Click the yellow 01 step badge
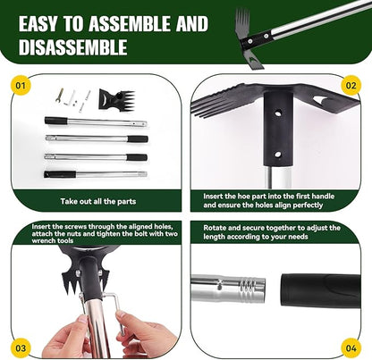tap(19, 86)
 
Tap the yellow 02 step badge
tap(351, 86)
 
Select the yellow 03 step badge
tap(19, 346)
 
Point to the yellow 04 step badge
tap(351, 346)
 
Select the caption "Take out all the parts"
tap(98, 202)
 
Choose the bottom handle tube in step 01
tap(95, 172)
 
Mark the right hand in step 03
tap(143, 336)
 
